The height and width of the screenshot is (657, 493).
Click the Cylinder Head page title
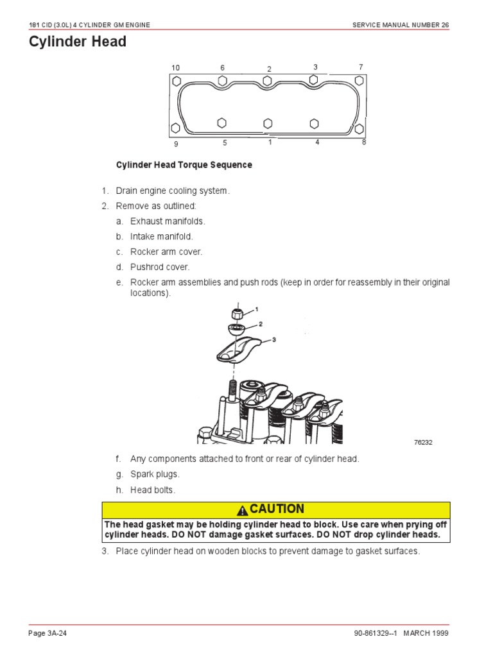(x=78, y=42)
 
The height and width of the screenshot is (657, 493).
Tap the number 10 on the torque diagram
(x=176, y=68)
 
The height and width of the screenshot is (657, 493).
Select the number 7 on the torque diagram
(x=361, y=67)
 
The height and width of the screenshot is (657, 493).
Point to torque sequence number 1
(x=270, y=142)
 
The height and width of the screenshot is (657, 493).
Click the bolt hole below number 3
(x=314, y=80)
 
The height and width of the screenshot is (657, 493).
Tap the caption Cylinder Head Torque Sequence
(x=184, y=165)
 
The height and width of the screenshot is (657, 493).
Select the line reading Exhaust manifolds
(x=168, y=221)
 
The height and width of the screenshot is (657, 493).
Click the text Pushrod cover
(x=160, y=267)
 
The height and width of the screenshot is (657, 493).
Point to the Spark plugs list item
(x=155, y=475)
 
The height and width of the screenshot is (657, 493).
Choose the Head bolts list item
(x=152, y=490)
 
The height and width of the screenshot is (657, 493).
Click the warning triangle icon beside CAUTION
(x=242, y=511)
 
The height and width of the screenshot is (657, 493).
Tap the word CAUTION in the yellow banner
(x=277, y=509)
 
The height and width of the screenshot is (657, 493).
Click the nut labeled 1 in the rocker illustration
(x=236, y=313)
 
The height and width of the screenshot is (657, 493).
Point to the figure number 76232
(x=424, y=443)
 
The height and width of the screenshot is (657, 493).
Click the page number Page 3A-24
(x=48, y=633)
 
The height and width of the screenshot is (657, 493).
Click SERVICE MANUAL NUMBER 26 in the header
(x=401, y=24)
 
